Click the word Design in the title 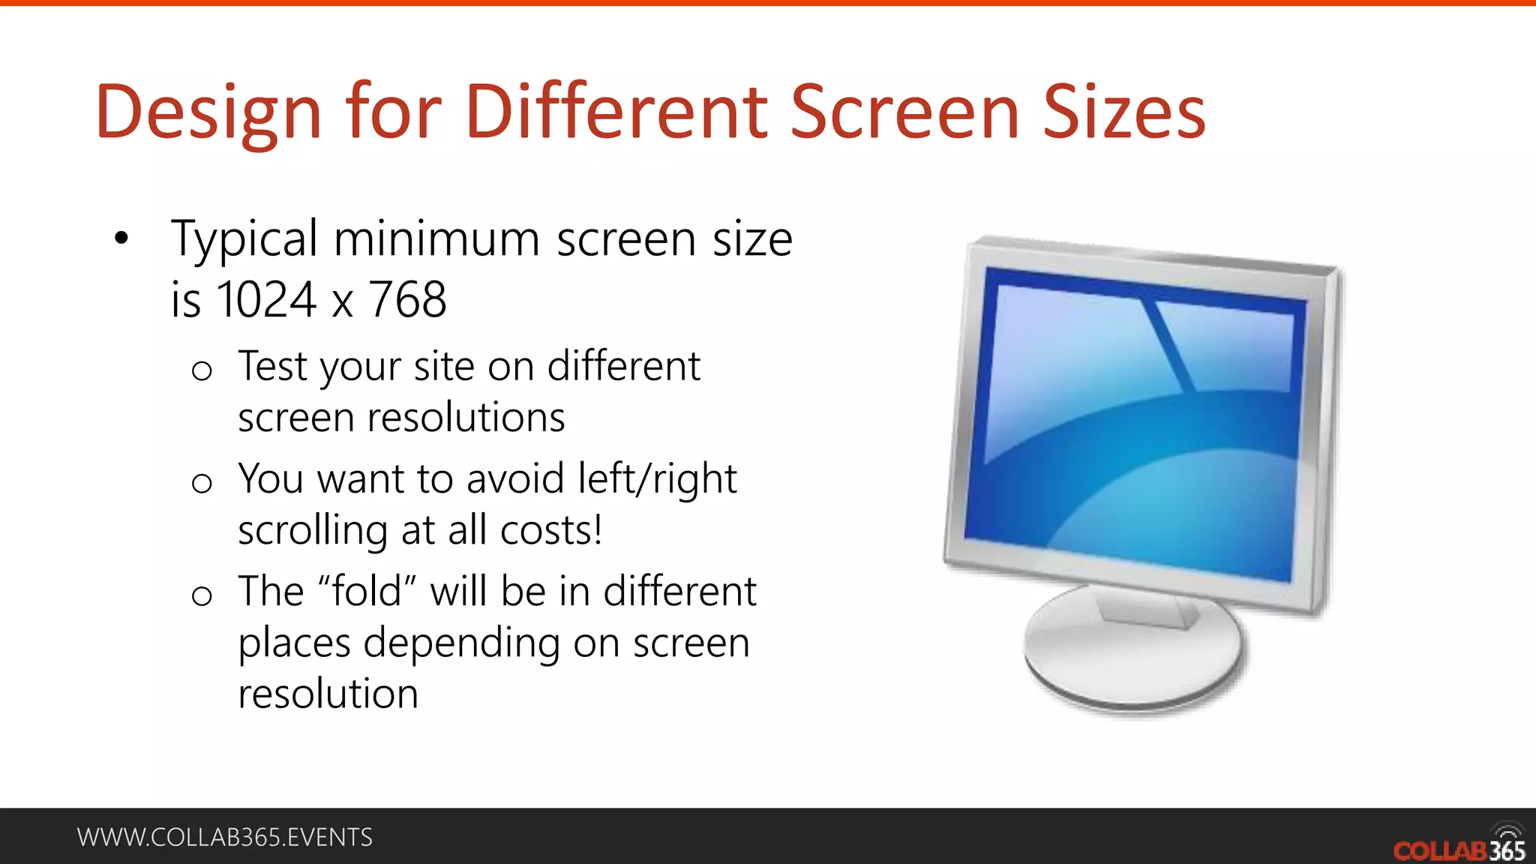[x=208, y=112]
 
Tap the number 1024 [x=266, y=300]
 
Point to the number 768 [x=408, y=300]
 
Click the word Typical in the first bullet [x=244, y=240]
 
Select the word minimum [x=436, y=240]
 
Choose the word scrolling [x=313, y=530]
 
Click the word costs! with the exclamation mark [x=551, y=530]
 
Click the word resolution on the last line [x=328, y=694]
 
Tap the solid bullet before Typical [x=121, y=239]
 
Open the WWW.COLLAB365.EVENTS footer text [x=225, y=837]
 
